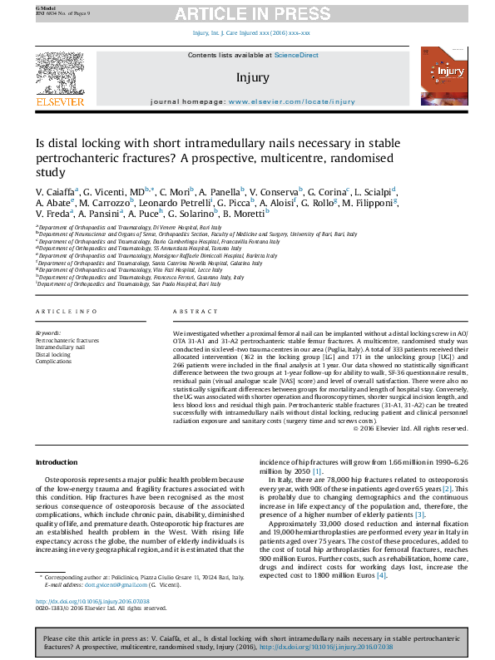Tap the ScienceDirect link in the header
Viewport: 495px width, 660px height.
pyautogui.click(x=297, y=55)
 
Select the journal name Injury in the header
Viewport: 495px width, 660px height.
pyautogui.click(x=253, y=78)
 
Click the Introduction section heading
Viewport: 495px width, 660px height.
pyautogui.click(x=56, y=462)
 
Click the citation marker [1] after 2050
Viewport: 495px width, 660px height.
pyautogui.click(x=318, y=470)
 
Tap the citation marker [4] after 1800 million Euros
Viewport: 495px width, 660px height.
pyautogui.click(x=381, y=576)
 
